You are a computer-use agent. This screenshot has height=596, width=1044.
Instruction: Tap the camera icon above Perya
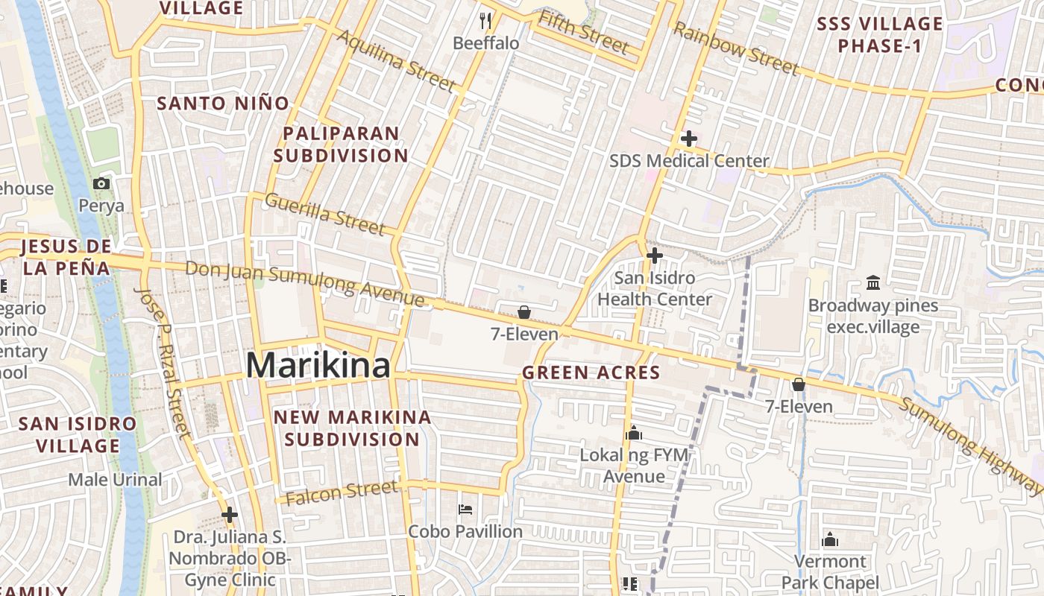point(101,183)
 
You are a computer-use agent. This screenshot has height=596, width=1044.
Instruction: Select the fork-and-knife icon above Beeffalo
point(486,20)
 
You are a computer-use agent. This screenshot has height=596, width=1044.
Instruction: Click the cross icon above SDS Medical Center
point(689,139)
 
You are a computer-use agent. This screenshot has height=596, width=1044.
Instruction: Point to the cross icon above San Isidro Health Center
point(655,256)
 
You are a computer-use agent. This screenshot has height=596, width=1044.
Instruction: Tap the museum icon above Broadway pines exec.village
point(872,282)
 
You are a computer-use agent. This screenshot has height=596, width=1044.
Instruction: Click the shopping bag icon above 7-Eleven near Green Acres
point(524,312)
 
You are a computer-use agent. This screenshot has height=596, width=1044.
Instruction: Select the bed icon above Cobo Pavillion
point(465,510)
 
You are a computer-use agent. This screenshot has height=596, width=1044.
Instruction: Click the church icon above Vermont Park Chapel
point(830,540)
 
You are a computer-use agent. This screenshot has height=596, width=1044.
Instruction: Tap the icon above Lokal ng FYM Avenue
point(634,433)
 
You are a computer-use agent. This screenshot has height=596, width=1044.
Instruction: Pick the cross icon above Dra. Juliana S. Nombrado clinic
point(230,514)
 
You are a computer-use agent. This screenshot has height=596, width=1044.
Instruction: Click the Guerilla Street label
point(325,212)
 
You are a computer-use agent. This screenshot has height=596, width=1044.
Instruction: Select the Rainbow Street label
point(735,49)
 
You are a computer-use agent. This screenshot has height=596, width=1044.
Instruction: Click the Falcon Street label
point(342,493)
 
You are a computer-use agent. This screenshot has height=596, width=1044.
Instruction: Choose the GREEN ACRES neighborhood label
point(591,372)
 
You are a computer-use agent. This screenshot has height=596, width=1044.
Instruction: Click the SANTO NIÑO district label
point(223,104)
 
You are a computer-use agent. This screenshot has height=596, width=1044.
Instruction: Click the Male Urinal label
point(115,480)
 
